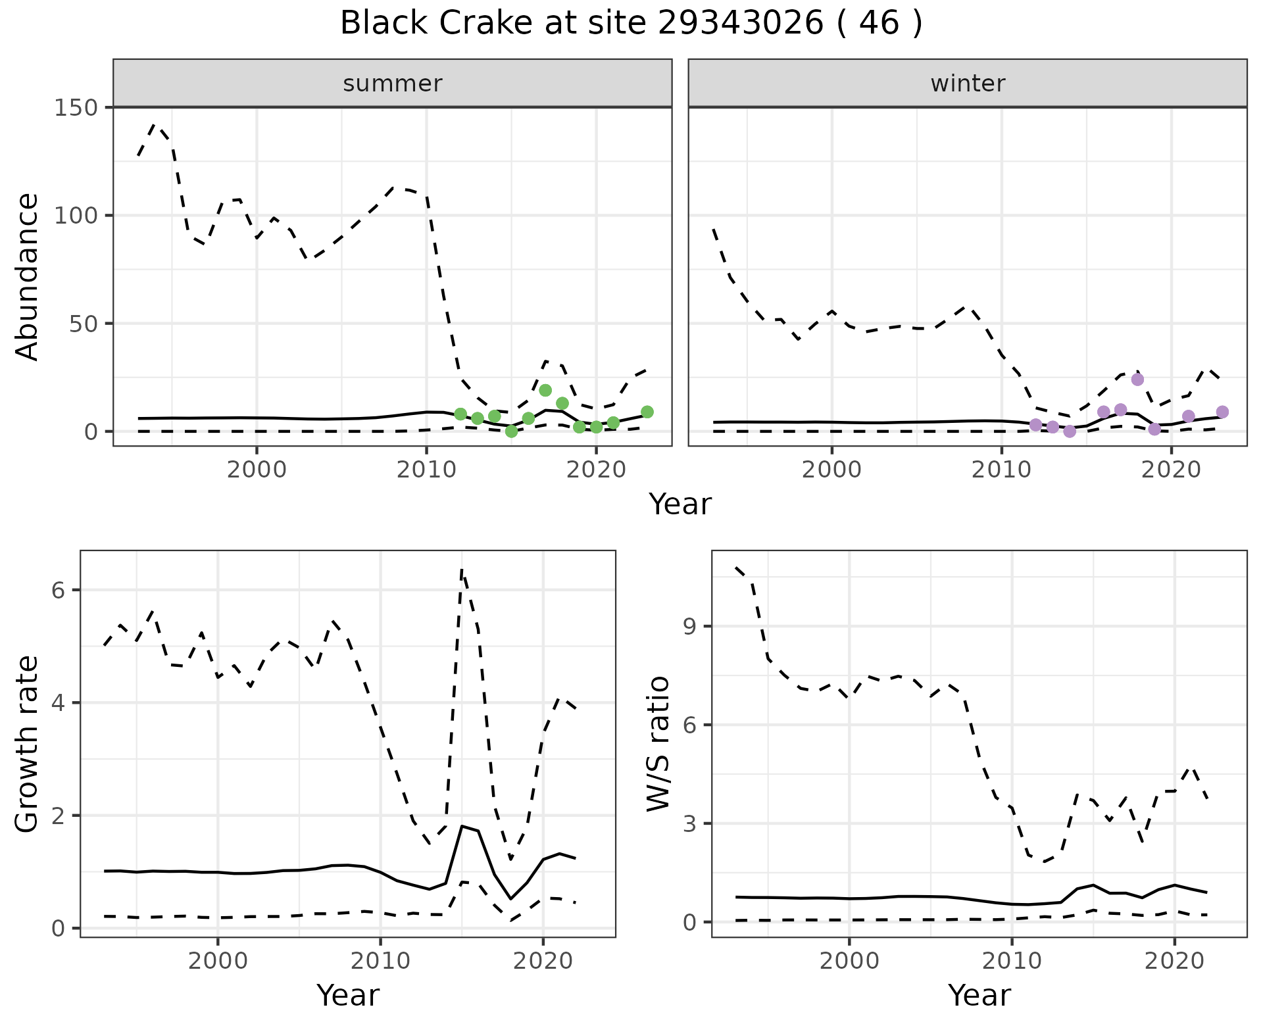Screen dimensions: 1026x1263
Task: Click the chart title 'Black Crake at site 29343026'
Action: click(x=631, y=24)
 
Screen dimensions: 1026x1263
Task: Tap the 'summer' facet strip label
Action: click(x=392, y=84)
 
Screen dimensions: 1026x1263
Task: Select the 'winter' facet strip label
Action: click(x=967, y=84)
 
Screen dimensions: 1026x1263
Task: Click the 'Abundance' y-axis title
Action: click(x=27, y=277)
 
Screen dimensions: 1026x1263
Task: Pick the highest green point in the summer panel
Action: click(x=545, y=390)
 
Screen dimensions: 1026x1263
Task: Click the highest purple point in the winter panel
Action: click(x=1137, y=379)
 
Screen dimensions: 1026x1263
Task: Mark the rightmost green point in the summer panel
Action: click(x=647, y=412)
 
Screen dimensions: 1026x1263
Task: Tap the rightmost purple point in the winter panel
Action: click(x=1222, y=412)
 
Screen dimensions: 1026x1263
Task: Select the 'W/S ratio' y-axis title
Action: click(x=658, y=744)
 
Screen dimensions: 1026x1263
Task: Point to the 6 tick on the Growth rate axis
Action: click(x=60, y=590)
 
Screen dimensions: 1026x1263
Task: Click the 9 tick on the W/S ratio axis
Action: click(x=690, y=626)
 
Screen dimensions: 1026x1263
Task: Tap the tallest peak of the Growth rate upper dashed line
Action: click(x=462, y=570)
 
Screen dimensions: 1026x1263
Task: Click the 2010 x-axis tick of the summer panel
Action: click(x=426, y=470)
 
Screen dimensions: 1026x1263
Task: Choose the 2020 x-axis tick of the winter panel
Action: click(x=1171, y=470)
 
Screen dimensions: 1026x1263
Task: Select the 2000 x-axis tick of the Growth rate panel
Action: click(x=218, y=961)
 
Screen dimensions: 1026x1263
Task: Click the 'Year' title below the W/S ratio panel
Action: click(x=979, y=995)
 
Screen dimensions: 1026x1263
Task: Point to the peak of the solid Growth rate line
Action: click(x=462, y=825)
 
